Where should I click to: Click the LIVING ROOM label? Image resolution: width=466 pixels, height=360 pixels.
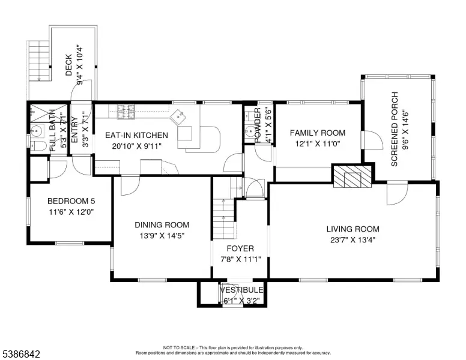[x=353, y=229]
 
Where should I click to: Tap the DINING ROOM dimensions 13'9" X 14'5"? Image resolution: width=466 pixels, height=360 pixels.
[x=162, y=236]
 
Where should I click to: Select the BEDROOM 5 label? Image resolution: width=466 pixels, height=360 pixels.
[x=71, y=201]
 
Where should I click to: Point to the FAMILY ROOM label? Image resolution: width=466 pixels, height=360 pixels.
[x=318, y=133]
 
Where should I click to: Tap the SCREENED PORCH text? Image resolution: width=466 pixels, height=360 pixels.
[x=395, y=129]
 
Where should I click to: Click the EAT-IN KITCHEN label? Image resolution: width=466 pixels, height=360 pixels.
[x=136, y=136]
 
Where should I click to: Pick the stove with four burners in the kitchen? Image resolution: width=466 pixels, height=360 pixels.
[x=126, y=112]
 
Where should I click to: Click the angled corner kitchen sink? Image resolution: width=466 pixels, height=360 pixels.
[x=178, y=117]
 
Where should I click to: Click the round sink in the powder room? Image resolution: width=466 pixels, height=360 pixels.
[x=251, y=131]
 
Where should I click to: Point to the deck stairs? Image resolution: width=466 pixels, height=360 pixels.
[x=39, y=60]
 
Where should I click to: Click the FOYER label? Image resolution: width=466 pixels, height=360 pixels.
[x=240, y=248]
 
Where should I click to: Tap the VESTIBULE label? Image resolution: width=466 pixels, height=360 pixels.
[x=241, y=290]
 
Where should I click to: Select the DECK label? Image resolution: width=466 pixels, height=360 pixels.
[x=68, y=65]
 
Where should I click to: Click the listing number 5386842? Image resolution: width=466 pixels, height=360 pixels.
[x=21, y=354]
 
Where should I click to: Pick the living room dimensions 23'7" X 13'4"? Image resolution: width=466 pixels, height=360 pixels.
[x=353, y=240]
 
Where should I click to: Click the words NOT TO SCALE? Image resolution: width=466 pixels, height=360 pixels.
[x=178, y=347]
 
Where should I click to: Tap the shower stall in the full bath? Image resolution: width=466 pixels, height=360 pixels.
[x=49, y=113]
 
